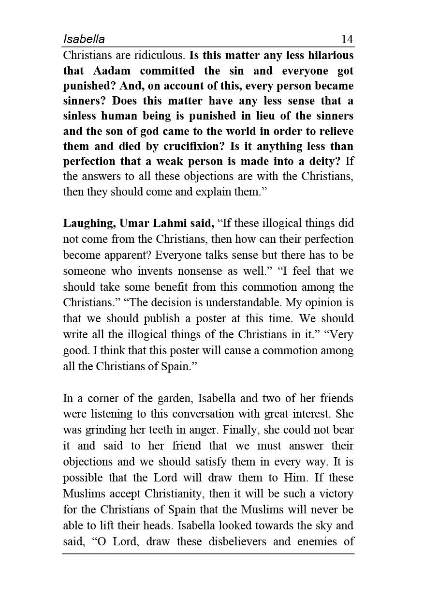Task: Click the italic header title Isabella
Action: click(x=84, y=39)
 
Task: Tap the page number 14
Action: click(x=347, y=39)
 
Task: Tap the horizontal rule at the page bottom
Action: click(x=208, y=554)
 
